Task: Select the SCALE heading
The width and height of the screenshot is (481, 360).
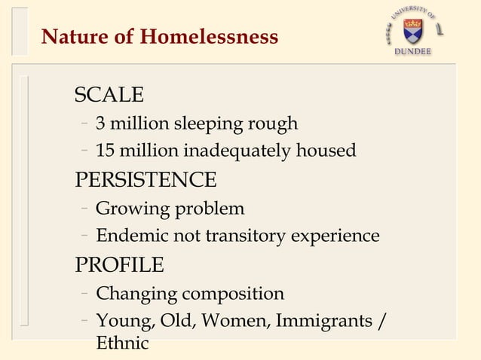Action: tap(109, 95)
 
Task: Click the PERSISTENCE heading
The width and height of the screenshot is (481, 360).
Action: tap(145, 181)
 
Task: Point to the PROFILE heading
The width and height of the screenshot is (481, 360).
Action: tap(118, 266)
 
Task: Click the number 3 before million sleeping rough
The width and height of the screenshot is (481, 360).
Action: tap(100, 123)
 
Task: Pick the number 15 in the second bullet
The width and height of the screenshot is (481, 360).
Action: tap(106, 151)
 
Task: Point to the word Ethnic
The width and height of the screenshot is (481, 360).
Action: tap(122, 344)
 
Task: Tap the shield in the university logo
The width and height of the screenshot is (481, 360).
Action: tap(413, 29)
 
